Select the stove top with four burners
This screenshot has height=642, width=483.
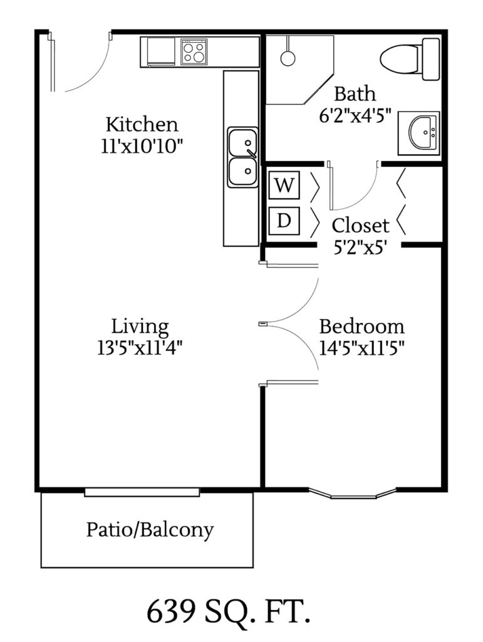pyautogui.click(x=194, y=51)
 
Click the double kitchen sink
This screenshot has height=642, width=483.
pyautogui.click(x=242, y=157)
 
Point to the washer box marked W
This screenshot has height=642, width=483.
pyautogui.click(x=284, y=186)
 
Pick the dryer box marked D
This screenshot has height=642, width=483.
pyautogui.click(x=284, y=220)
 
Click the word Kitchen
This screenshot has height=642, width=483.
pyautogui.click(x=142, y=123)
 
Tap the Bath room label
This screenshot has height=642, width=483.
pyautogui.click(x=355, y=94)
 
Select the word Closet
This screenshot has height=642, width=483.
pyautogui.click(x=360, y=225)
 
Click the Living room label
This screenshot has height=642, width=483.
pyautogui.click(x=140, y=327)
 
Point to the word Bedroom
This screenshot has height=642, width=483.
pyautogui.click(x=362, y=327)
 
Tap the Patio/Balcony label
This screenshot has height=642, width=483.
pyautogui.click(x=150, y=530)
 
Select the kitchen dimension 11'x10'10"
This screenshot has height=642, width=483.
pyautogui.click(x=142, y=145)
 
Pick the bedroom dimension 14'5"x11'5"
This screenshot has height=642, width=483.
pyautogui.click(x=361, y=347)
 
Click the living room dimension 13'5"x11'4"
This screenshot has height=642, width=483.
pyautogui.click(x=140, y=347)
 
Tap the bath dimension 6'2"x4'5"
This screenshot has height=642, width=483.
pyautogui.click(x=355, y=115)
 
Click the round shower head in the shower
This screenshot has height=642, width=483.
pyautogui.click(x=288, y=58)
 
